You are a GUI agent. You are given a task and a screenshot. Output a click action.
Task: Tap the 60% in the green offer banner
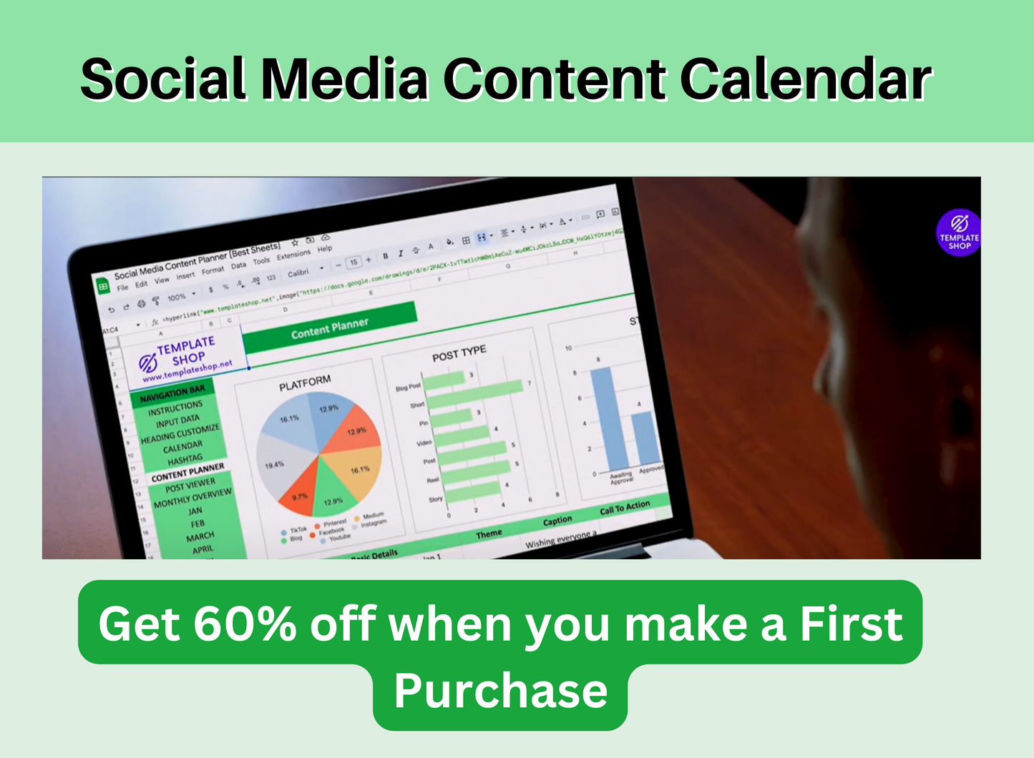[x=244, y=624]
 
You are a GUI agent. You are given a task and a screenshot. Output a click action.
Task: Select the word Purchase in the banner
[x=500, y=691]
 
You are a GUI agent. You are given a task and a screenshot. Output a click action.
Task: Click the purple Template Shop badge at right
[x=959, y=233]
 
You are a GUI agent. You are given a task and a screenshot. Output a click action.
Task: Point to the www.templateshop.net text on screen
[x=187, y=370]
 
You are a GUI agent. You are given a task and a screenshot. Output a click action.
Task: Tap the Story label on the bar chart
[x=435, y=499]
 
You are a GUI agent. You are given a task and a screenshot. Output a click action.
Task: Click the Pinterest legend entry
[x=334, y=523]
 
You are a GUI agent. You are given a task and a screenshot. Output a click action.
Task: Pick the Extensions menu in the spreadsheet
[x=293, y=255]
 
